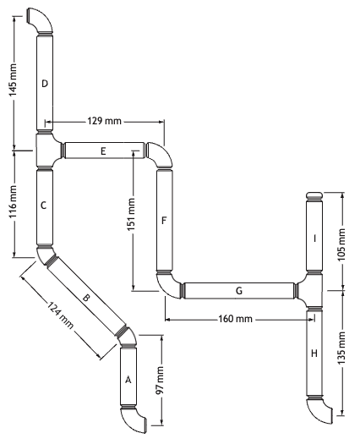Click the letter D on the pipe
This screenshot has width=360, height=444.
[45, 84]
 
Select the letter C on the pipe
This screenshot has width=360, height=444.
[43, 206]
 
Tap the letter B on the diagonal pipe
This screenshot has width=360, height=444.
[86, 298]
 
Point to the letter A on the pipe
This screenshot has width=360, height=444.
[128, 380]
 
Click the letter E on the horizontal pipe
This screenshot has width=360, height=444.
[103, 151]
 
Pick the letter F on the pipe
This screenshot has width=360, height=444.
[164, 220]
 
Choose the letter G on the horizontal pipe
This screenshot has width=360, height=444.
[239, 291]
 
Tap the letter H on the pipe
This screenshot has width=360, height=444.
[314, 354]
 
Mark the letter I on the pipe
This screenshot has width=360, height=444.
[314, 238]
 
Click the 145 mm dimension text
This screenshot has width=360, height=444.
[13, 79]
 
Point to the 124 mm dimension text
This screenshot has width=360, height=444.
[60, 315]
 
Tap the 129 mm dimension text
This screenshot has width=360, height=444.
[104, 121]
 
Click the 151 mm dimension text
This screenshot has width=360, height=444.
[131, 214]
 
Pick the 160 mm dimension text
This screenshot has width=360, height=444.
[235, 319]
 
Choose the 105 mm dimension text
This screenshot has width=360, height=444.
[342, 244]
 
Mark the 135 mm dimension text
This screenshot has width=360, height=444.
[342, 348]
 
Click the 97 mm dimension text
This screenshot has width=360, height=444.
[160, 381]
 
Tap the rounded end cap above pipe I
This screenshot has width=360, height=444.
[314, 196]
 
